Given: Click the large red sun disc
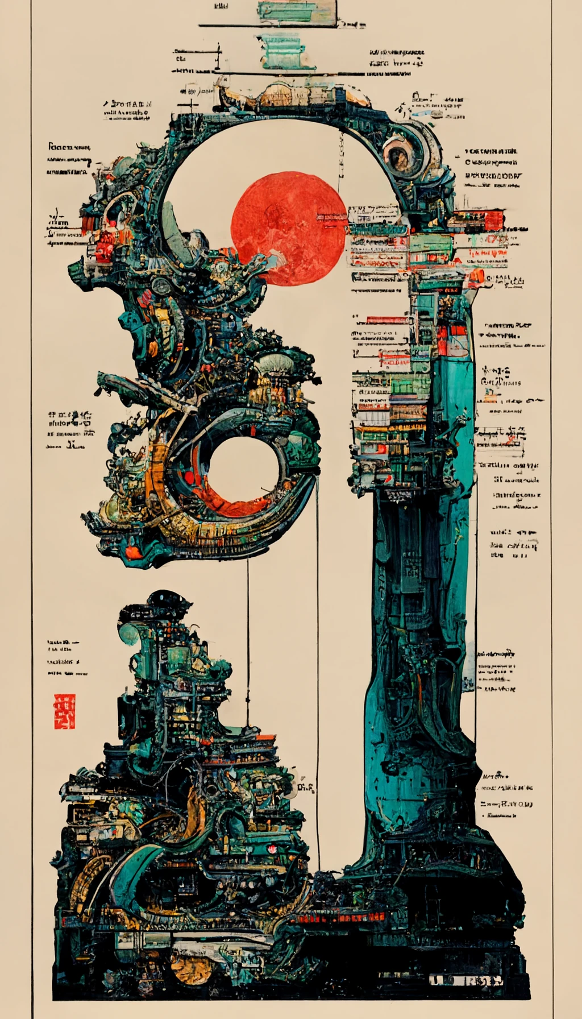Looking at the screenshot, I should (x=288, y=228).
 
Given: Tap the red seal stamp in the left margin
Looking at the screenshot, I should (x=64, y=711).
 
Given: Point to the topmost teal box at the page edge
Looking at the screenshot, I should (x=296, y=11).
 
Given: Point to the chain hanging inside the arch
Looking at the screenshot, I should (x=341, y=159).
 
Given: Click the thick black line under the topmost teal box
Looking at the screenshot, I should (x=281, y=26).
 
